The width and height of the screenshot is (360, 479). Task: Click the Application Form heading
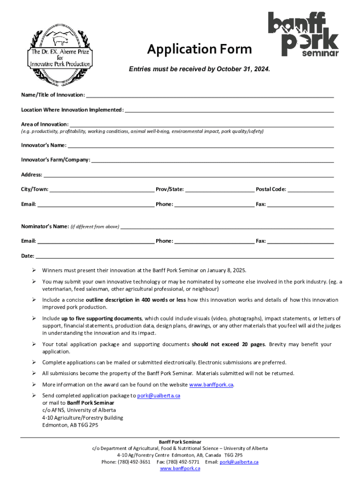tap(199, 49)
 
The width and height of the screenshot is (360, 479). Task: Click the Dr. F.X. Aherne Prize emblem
tap(61, 49)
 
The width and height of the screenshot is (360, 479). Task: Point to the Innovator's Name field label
tap(43, 145)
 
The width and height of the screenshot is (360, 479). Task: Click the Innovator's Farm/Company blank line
tap(213, 160)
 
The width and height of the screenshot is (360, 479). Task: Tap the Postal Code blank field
tap(311, 189)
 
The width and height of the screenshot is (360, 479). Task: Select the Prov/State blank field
tap(219, 189)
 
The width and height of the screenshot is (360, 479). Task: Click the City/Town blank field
tap(102, 189)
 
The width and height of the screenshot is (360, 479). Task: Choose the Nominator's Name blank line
tap(227, 226)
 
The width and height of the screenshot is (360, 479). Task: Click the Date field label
tap(28, 256)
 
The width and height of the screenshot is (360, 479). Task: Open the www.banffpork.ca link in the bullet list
tap(211, 385)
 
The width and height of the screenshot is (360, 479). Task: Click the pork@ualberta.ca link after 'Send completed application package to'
tap(158, 395)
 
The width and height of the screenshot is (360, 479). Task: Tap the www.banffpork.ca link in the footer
tap(180, 468)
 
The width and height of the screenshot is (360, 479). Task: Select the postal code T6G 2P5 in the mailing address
tap(88, 425)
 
